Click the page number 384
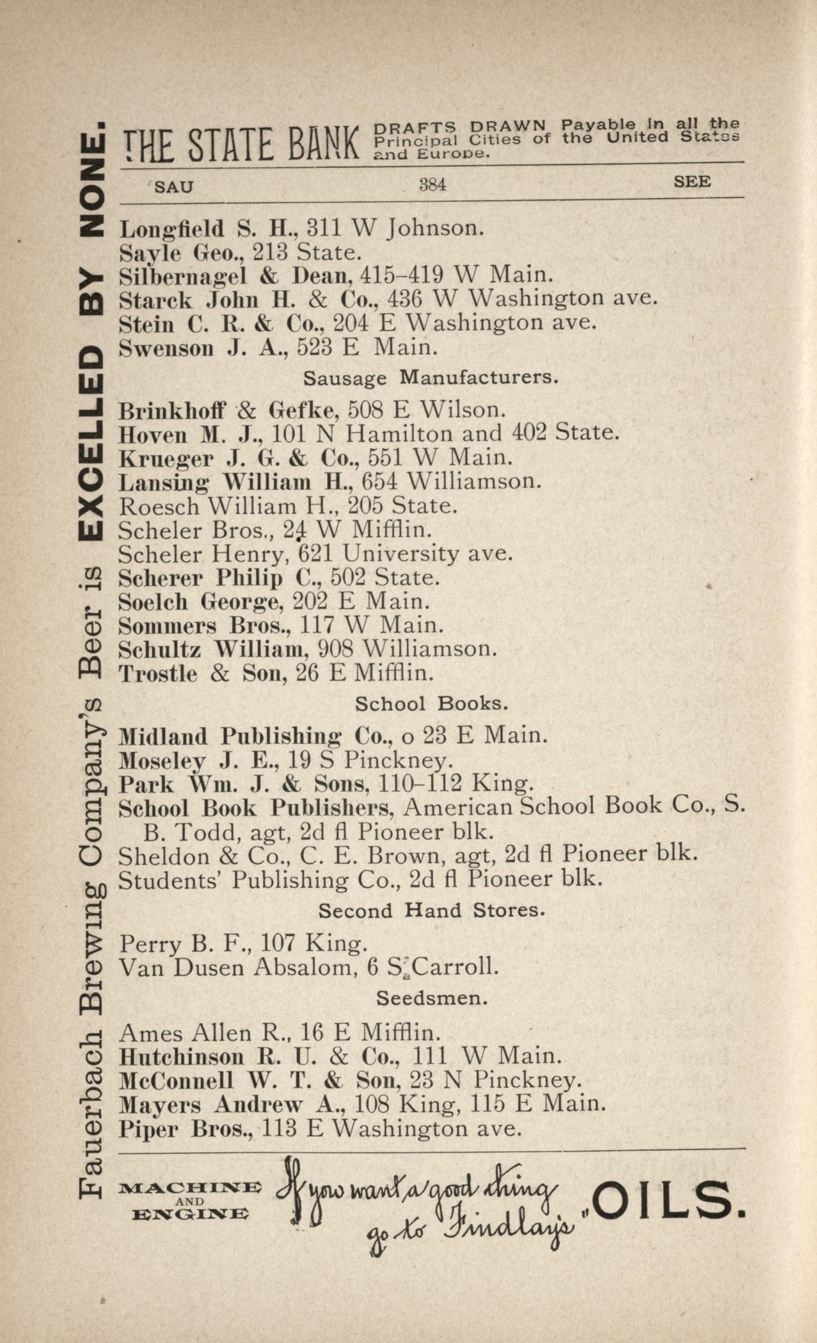click(432, 185)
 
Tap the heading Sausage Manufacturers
click(431, 378)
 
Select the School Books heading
click(432, 704)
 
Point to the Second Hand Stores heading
click(432, 910)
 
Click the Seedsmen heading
click(432, 998)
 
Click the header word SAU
click(174, 187)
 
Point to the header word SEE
click(692, 182)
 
